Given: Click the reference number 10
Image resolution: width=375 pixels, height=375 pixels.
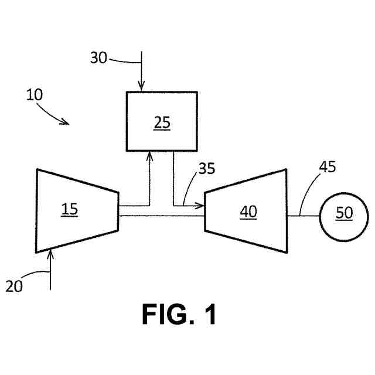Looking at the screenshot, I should pyautogui.click(x=35, y=95).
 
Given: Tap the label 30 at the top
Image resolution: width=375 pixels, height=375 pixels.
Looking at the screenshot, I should pyautogui.click(x=99, y=57).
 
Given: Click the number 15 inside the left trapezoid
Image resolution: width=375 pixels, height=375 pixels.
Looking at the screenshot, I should pyautogui.click(x=69, y=209).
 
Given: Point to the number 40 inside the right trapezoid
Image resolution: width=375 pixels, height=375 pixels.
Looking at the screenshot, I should pyautogui.click(x=248, y=212).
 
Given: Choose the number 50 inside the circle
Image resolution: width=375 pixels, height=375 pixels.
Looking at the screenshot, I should pyautogui.click(x=344, y=213).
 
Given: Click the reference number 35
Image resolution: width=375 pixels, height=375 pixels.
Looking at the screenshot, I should pyautogui.click(x=207, y=169).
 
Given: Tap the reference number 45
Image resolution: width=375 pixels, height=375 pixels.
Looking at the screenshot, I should pyautogui.click(x=328, y=167).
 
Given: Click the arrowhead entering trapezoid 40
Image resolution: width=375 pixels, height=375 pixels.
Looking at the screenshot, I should pyautogui.click(x=200, y=206).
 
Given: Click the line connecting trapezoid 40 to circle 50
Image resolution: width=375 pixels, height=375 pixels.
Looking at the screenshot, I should pyautogui.click(x=303, y=216).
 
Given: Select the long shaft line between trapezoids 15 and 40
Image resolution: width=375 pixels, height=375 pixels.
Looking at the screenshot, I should pyautogui.click(x=161, y=216).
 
